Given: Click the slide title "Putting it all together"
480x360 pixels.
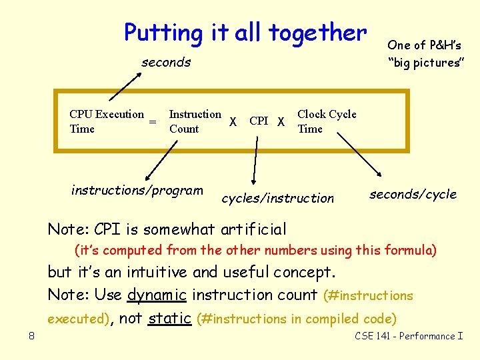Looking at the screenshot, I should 245,32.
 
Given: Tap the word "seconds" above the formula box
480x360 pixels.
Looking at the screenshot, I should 166,63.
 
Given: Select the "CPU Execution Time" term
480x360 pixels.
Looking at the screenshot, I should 107,121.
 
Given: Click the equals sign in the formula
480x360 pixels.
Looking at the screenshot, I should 153,123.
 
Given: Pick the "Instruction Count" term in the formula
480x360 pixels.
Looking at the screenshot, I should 195,121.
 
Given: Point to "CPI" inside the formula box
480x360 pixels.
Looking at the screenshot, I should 259,121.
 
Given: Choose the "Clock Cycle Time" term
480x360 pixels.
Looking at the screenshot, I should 326,121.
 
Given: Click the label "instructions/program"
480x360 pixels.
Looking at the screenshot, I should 137,191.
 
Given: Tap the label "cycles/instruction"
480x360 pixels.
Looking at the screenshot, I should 277,198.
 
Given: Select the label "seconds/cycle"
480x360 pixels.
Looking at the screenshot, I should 413,194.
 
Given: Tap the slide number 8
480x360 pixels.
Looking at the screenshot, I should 31,336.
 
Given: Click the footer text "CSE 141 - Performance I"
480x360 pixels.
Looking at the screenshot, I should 409,336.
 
